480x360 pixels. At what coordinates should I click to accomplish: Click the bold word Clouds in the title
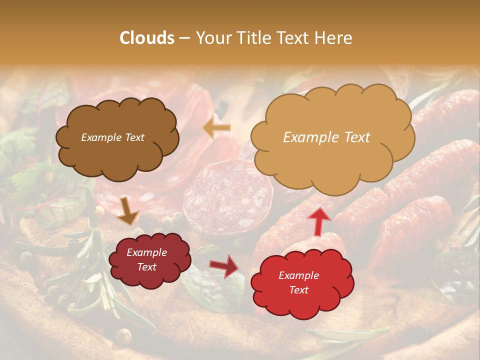coord(147,38)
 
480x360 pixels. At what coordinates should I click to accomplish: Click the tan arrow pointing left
coord(217,128)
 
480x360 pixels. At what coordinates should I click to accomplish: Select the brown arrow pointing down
coord(128,211)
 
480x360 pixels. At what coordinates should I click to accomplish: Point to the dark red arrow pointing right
coord(224,266)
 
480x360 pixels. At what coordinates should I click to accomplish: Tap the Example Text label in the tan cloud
coord(326,137)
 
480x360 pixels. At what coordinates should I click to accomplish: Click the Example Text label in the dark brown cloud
coord(112,137)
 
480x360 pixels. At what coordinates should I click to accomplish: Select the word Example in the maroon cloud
coord(146,253)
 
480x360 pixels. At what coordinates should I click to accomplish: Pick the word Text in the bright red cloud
coord(298,290)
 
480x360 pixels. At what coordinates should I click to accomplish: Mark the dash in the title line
coord(184,38)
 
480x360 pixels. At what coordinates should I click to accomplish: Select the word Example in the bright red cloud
coord(298,275)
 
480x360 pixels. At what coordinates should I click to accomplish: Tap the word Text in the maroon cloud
coord(146,267)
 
